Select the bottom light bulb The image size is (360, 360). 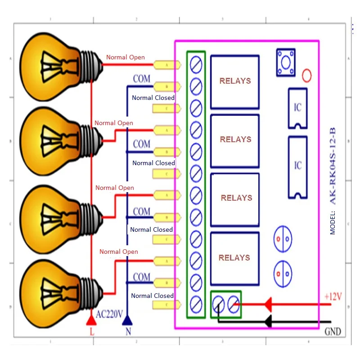pos(54,281)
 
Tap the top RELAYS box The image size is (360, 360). pos(235,81)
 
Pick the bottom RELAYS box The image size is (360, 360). pos(235,258)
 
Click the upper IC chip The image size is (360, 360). pos(297,108)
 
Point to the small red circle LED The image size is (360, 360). pos(306,76)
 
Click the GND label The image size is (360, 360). pos(333,332)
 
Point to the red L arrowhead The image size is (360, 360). pos(91,320)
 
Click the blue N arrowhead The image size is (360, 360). pos(127,320)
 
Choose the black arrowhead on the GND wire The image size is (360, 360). pos(267,321)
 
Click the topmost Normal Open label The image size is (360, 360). pos(126,57)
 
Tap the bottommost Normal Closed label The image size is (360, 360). pos(152,296)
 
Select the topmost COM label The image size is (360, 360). pos(141,79)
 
